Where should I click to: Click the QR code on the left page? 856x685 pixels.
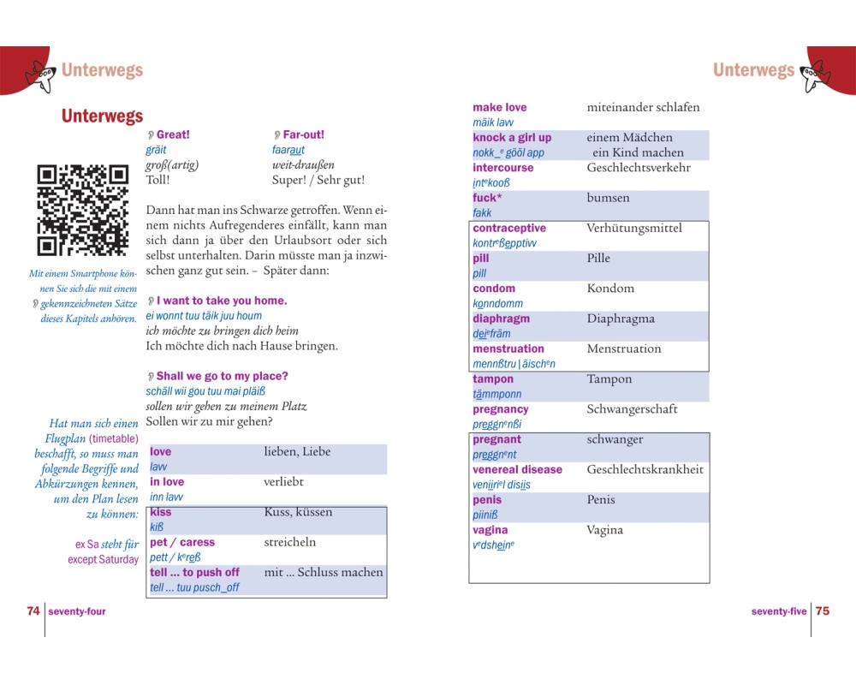click(x=82, y=211)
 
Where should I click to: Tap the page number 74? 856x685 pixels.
click(x=33, y=611)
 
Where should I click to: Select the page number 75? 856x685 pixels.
click(x=823, y=611)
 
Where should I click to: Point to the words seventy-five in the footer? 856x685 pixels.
click(x=779, y=612)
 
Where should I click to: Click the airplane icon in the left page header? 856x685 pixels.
click(x=39, y=74)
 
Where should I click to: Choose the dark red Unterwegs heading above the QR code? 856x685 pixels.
click(x=102, y=116)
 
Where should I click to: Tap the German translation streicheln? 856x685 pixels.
click(x=290, y=542)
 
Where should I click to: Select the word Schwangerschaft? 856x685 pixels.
click(x=633, y=409)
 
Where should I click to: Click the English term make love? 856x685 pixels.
click(x=500, y=108)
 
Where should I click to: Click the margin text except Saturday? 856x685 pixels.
click(x=103, y=559)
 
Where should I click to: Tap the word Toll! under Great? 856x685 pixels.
click(x=158, y=180)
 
